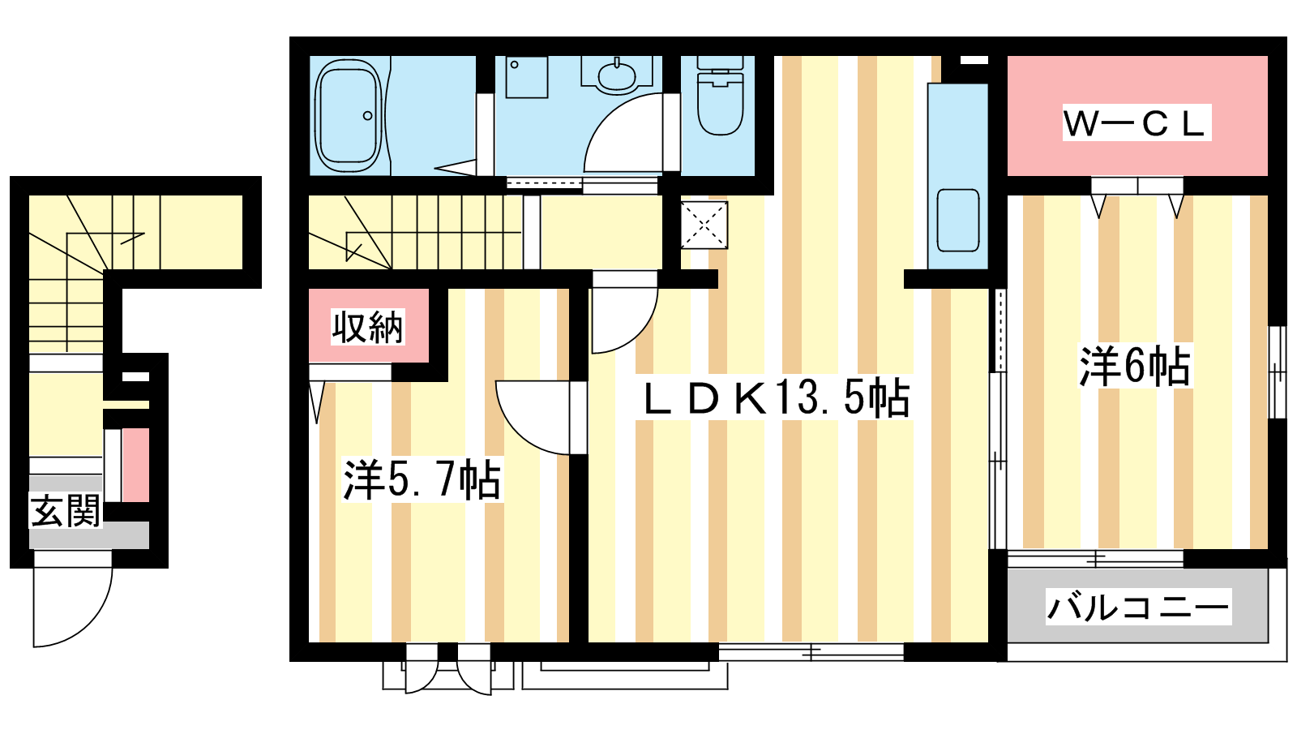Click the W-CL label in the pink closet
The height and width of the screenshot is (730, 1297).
[1136, 122]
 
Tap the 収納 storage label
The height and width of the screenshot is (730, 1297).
[368, 328]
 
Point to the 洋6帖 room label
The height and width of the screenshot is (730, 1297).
[1134, 366]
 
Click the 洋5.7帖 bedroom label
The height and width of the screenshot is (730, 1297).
[422, 479]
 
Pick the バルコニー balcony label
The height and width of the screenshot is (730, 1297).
[1138, 608]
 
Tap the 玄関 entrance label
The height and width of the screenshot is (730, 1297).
[66, 511]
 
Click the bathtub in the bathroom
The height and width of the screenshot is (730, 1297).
[349, 115]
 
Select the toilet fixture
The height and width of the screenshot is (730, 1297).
[721, 96]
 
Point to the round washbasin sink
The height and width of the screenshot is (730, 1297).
[617, 76]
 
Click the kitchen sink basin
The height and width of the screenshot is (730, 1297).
[958, 220]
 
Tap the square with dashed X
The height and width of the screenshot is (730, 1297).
[704, 225]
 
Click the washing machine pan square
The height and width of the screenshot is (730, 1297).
[526, 77]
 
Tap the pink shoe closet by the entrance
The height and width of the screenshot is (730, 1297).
[135, 466]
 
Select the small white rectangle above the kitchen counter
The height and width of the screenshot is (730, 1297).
[974, 60]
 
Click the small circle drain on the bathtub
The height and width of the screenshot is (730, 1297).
[368, 115]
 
